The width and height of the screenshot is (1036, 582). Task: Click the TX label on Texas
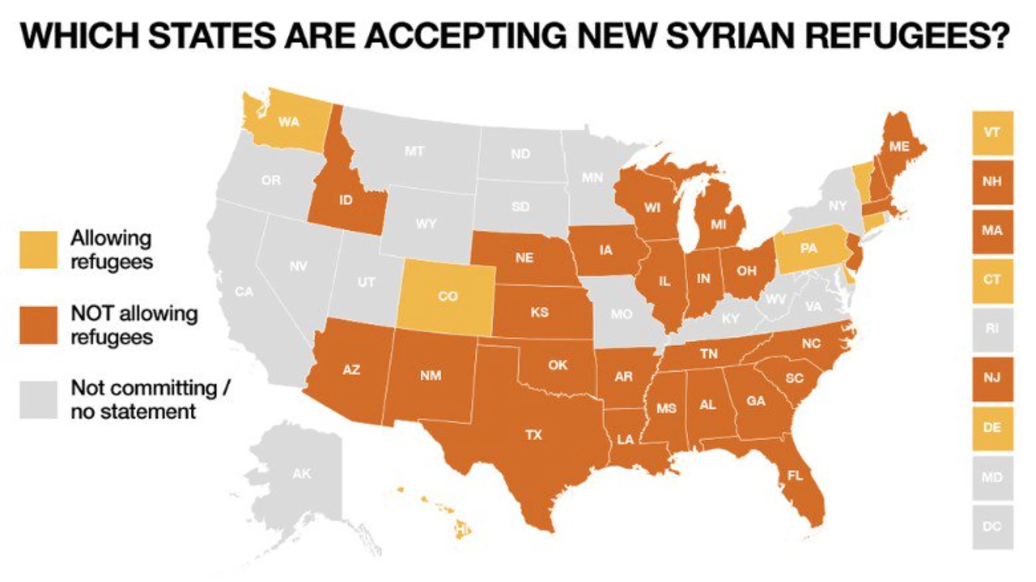pos(534,435)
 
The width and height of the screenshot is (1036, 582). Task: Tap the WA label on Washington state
pos(289,121)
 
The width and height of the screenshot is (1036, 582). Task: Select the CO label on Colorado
pos(448,296)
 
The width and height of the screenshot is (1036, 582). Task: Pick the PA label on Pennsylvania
pos(808,248)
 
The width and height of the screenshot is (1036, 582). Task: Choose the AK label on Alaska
pos(302,474)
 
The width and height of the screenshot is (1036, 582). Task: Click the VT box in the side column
pos(992,133)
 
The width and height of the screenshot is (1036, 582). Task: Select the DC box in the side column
pos(992,526)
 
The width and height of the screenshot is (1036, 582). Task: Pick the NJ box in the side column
pos(992,378)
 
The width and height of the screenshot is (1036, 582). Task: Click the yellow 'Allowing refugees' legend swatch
pos(39,249)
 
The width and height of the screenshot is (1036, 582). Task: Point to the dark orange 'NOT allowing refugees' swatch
pos(39,325)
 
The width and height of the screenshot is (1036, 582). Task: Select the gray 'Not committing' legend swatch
pos(39,400)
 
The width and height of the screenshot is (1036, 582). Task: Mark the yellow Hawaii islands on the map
pos(462,529)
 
